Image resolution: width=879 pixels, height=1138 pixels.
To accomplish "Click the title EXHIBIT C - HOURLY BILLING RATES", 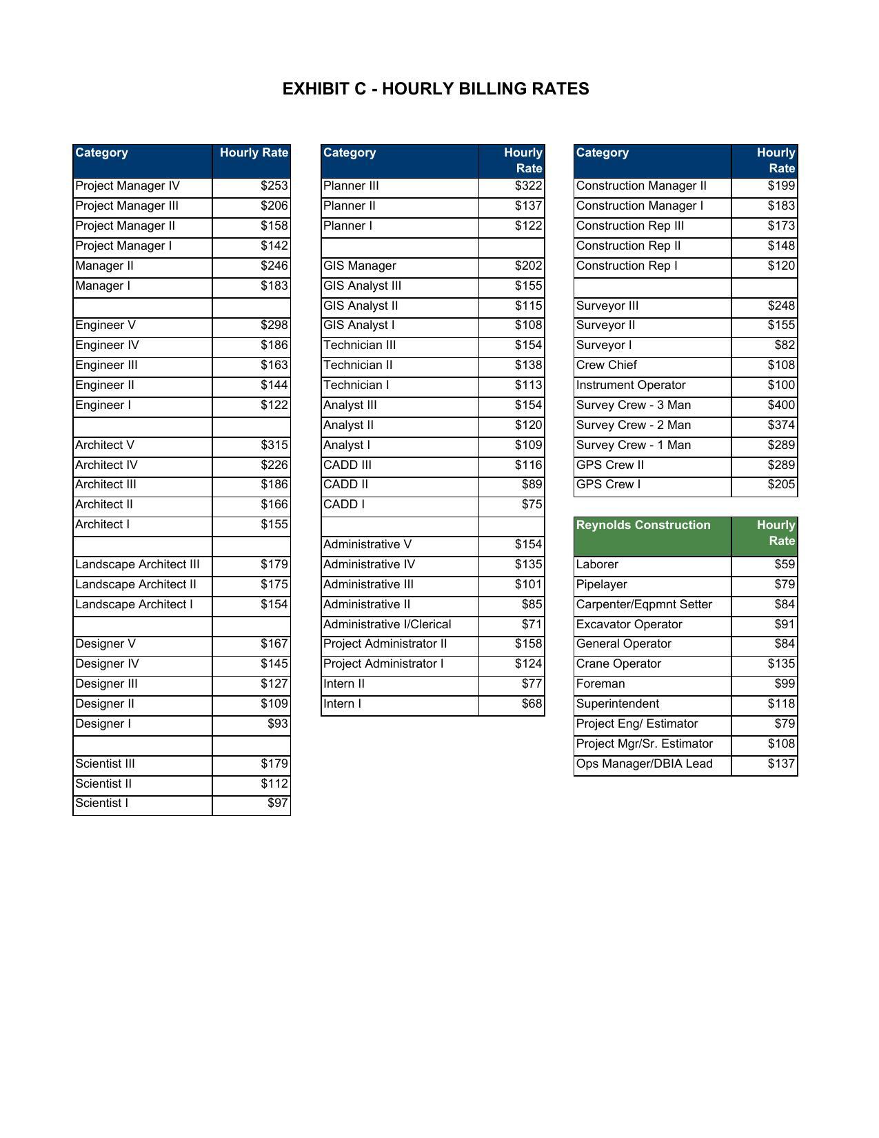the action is (436, 89).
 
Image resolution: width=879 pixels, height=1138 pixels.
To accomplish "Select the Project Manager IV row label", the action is (128, 186).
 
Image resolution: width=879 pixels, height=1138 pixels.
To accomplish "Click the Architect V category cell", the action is (105, 446).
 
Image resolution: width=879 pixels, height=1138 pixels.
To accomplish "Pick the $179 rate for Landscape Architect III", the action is (274, 565).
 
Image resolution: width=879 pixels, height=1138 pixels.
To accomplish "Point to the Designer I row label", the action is (103, 724).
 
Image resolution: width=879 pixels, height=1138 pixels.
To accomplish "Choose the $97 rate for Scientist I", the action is (278, 803).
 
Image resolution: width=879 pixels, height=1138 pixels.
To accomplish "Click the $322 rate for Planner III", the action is (528, 186).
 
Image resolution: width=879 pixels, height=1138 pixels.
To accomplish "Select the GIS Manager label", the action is (360, 266).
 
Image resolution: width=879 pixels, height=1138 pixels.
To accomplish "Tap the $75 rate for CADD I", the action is (532, 505).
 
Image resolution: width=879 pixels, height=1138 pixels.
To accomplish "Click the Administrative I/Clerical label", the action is (387, 625).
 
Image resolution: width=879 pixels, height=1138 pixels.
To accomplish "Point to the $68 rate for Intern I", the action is (532, 704).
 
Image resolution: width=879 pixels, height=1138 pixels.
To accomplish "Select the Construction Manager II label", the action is (641, 186).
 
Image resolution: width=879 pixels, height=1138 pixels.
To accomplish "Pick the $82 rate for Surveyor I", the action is (785, 346).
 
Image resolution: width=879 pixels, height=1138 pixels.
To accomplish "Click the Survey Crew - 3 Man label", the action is (633, 406).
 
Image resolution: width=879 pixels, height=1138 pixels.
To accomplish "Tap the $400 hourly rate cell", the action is (781, 406).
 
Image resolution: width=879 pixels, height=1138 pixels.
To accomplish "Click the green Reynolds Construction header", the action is (643, 526).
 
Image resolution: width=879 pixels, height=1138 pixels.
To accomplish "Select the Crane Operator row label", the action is (618, 664).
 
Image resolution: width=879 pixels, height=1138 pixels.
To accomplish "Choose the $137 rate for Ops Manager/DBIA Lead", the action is (781, 764).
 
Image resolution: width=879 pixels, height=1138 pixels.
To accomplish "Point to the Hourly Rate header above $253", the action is (254, 153).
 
